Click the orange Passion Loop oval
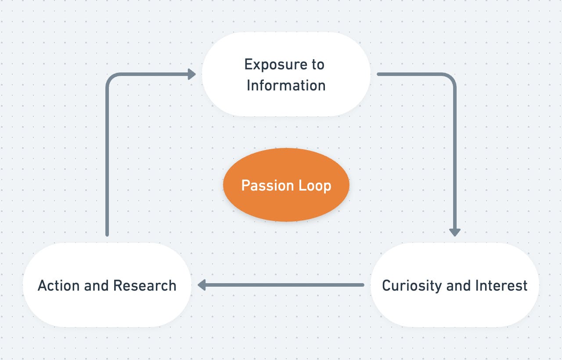tap(286, 185)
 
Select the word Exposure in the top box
tap(276, 65)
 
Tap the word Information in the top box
tap(286, 85)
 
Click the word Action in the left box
tap(59, 285)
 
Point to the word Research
tap(145, 285)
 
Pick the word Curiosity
tap(412, 286)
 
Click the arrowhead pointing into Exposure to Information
tap(192, 74)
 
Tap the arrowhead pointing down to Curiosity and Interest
tap(454, 233)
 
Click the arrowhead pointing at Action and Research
tap(202, 285)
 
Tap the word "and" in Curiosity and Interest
tap(458, 285)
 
